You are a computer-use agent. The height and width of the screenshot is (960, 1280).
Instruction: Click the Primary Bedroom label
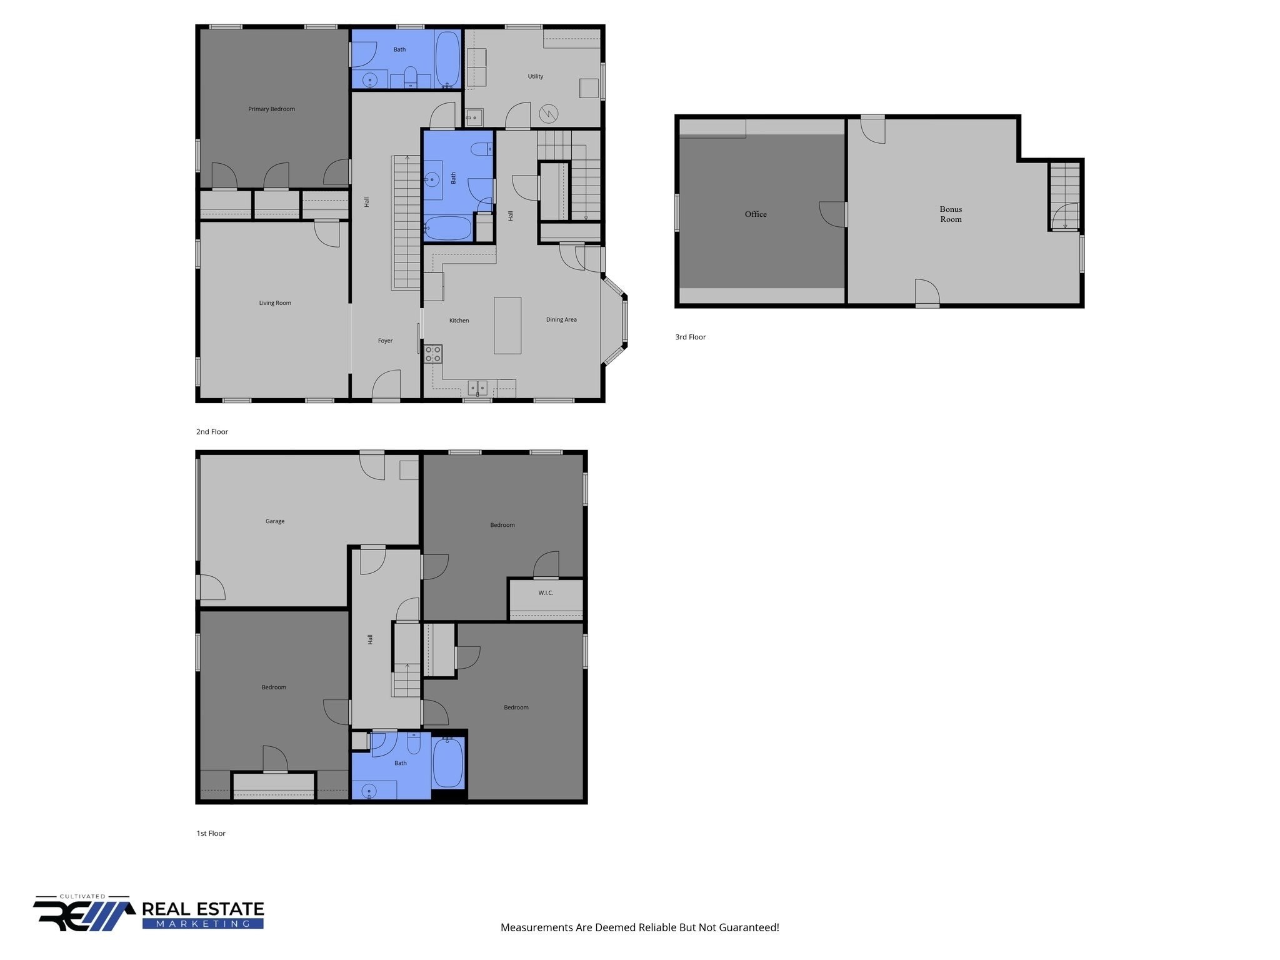point(271,109)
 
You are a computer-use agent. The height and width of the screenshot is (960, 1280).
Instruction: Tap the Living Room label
point(275,303)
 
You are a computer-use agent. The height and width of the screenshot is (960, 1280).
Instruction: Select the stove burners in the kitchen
point(433,354)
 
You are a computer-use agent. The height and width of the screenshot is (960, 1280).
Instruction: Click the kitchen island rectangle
point(507,326)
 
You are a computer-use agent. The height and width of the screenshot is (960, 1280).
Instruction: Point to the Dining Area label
point(561,320)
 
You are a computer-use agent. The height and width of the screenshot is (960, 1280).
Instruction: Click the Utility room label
point(536,76)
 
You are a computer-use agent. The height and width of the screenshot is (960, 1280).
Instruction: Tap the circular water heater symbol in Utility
point(549,114)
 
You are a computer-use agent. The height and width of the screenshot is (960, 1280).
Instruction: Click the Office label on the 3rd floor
point(756,214)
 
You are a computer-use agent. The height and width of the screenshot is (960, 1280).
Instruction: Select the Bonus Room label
point(951,214)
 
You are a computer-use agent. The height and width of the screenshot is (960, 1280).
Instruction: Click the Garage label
point(275,521)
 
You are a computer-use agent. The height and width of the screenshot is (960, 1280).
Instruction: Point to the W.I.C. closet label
point(546,593)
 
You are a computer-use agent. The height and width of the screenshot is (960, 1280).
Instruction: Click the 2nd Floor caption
point(212,432)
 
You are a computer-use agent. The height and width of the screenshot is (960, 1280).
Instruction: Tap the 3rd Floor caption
point(691,337)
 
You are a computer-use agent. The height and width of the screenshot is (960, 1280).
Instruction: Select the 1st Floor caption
point(211,833)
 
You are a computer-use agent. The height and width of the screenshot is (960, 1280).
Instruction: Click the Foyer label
point(385,341)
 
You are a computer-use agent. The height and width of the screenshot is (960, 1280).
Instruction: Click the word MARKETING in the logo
point(203,924)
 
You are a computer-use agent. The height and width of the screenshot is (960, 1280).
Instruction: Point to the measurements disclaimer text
point(640,927)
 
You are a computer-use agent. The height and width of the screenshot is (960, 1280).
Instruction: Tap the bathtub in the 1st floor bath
point(447,763)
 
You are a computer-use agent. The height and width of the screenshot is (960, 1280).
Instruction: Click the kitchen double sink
point(477,387)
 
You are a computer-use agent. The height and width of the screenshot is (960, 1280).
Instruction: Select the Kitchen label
point(459,321)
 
